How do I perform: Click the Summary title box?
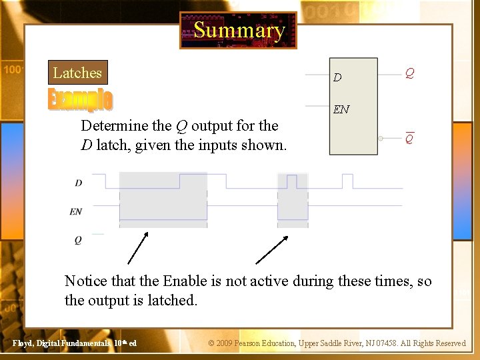tap(238, 30)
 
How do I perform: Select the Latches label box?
tap(77, 73)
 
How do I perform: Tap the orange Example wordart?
tap(80, 99)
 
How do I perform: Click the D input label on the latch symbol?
tap(337, 77)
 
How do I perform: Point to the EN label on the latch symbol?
tap(341, 109)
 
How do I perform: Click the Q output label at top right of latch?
tap(411, 73)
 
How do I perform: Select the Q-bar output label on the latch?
tap(410, 139)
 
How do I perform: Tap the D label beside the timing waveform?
tap(78, 183)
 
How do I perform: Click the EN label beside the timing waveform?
tap(76, 211)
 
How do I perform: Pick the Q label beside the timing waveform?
tap(78, 239)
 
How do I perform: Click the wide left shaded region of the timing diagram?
tap(163, 200)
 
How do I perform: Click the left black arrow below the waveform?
tap(137, 249)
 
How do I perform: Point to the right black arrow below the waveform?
tap(272, 250)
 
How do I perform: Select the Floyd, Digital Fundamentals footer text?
tap(75, 343)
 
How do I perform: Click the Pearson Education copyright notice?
tap(337, 343)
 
